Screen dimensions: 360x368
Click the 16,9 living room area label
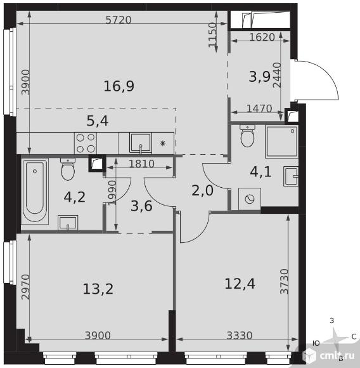119,86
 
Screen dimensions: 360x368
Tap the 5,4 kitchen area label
98,121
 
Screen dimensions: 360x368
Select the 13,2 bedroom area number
98,289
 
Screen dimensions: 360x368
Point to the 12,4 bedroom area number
240,284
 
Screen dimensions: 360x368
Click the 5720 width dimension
119,20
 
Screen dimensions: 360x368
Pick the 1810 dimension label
141,164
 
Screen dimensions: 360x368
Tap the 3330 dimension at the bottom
240,336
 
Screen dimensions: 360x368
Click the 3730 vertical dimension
285,281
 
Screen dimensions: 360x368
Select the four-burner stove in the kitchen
86,143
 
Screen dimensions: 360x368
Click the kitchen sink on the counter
141,143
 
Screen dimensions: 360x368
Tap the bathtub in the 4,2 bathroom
35,191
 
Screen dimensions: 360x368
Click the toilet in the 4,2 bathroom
68,169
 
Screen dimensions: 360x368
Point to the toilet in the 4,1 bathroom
247,136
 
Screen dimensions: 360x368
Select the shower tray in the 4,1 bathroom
281,141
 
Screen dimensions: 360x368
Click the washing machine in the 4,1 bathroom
250,199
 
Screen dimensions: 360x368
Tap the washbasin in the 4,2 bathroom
68,223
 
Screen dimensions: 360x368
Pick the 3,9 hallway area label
260,77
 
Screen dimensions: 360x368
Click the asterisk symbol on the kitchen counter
162,143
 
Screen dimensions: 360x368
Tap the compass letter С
354,337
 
